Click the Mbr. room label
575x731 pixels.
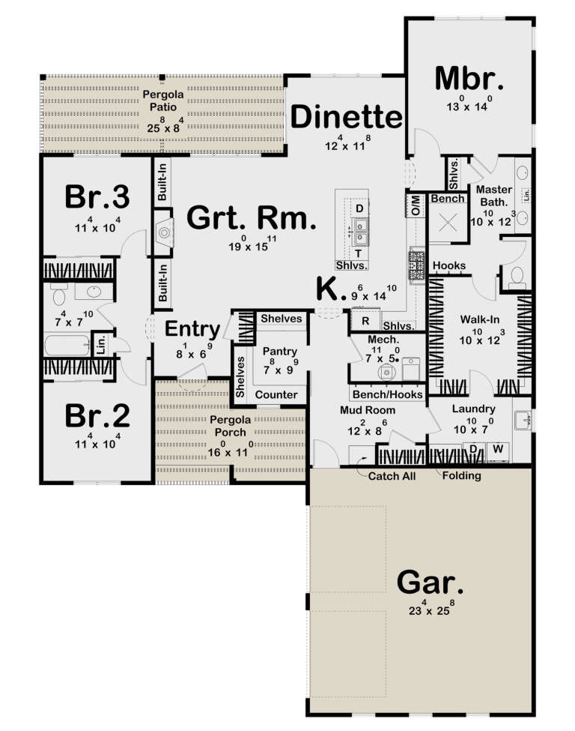(x=469, y=77)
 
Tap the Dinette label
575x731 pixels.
(x=347, y=118)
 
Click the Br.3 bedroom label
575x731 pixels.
(x=97, y=197)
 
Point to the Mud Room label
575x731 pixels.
(x=367, y=410)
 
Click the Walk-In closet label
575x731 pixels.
(x=479, y=319)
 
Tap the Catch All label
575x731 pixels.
(x=386, y=475)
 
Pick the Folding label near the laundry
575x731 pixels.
(x=462, y=475)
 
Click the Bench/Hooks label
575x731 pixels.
(x=387, y=394)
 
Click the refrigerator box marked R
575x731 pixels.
(x=365, y=322)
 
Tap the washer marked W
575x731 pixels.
(x=497, y=449)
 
